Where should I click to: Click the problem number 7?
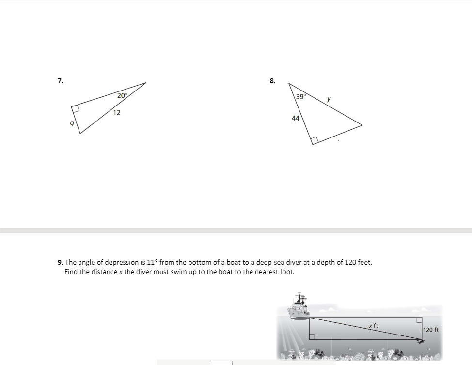(x=60, y=81)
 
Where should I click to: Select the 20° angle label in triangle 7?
(x=122, y=95)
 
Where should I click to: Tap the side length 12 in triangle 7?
(x=117, y=113)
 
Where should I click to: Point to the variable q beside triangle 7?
(x=72, y=123)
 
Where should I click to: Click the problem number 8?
(x=272, y=81)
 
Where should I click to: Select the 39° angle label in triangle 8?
(x=300, y=96)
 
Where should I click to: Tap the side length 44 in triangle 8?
(x=296, y=118)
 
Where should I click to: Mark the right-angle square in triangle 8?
(x=315, y=140)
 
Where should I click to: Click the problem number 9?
(x=60, y=262)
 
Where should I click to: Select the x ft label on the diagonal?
(x=373, y=326)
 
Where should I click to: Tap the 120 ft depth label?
(x=431, y=330)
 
